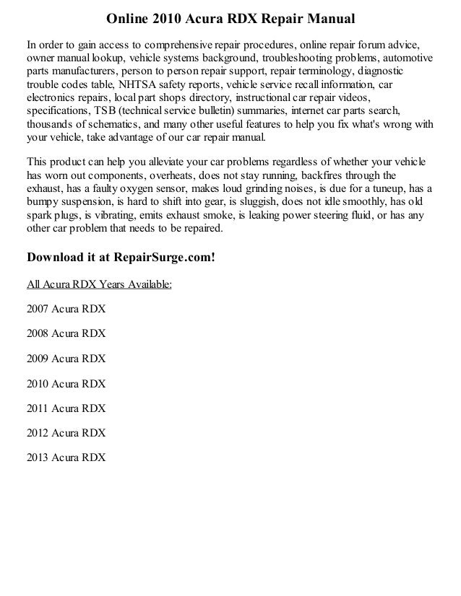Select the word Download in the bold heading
tap(54, 256)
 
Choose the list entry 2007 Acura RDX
tap(66, 310)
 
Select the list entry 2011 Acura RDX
tap(66, 408)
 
